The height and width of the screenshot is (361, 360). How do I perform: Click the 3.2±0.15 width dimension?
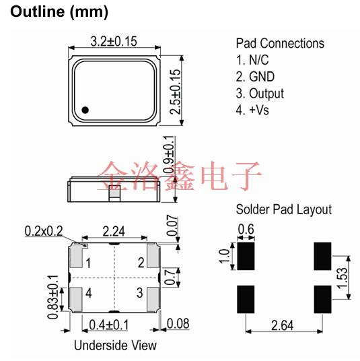[x=114, y=42]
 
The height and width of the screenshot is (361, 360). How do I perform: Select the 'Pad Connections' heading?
[x=280, y=43]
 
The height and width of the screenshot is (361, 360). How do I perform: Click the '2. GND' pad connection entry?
[x=255, y=77]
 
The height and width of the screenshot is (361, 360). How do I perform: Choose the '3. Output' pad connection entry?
[x=260, y=94]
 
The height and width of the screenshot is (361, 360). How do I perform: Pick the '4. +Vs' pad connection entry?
[x=252, y=110]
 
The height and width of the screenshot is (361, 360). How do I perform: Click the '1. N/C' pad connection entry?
[x=252, y=60]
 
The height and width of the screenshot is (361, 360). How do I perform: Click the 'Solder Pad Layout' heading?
[x=283, y=209]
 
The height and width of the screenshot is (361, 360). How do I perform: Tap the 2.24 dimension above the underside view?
[x=114, y=231]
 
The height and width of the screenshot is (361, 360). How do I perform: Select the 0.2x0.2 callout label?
[x=44, y=231]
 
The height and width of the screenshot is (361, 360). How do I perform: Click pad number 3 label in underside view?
[x=140, y=293]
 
